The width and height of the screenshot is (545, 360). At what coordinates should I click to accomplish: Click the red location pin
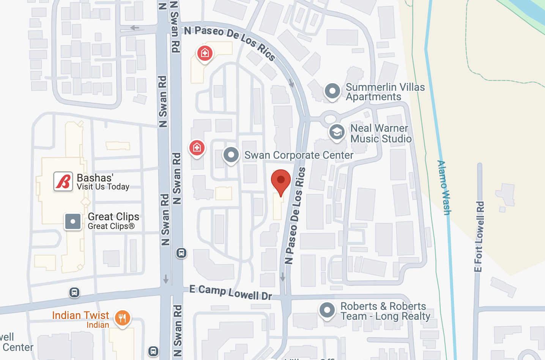(281, 180)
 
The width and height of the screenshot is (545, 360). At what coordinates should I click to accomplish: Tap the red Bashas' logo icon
(63, 181)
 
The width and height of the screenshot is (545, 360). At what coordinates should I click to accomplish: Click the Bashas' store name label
(95, 178)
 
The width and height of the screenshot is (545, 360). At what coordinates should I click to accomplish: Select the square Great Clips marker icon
(73, 221)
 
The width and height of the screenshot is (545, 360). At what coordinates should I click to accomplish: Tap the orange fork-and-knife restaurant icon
(122, 318)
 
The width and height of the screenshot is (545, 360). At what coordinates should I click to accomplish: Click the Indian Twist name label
(80, 316)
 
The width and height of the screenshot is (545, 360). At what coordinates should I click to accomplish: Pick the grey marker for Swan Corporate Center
(231, 155)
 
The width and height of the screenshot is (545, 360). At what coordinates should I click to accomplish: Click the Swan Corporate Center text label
(299, 155)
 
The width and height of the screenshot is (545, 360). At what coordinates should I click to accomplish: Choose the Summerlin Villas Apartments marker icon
(332, 91)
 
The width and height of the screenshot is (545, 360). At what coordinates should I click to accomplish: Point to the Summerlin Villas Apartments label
(385, 92)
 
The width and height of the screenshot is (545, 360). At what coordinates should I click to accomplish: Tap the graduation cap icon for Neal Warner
(337, 133)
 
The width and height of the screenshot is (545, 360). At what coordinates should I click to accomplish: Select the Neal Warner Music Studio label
(381, 133)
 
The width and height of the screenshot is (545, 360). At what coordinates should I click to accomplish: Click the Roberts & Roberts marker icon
(327, 310)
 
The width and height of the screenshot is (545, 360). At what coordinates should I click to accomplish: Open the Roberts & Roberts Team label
(385, 311)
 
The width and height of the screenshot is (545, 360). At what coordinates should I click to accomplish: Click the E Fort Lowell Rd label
(479, 236)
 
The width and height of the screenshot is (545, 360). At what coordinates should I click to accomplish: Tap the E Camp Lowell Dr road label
(231, 292)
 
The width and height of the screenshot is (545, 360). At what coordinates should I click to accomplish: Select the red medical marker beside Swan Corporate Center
(197, 147)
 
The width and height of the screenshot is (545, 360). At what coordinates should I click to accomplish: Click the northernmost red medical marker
(205, 53)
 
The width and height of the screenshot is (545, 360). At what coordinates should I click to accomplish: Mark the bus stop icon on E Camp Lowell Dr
(74, 292)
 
